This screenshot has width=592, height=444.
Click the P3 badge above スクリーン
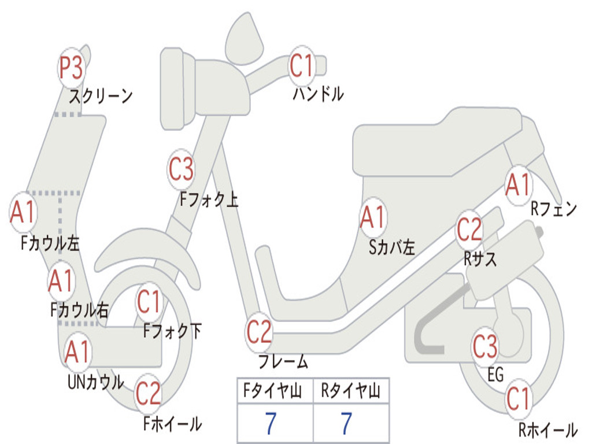click(x=72, y=69)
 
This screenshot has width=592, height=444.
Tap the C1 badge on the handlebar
click(x=301, y=66)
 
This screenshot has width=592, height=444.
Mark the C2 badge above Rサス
click(x=469, y=230)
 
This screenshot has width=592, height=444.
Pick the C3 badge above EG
click(x=485, y=346)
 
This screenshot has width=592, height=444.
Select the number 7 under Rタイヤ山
click(x=347, y=424)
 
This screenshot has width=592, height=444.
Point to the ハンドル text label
click(x=318, y=94)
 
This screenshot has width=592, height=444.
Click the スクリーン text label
click(x=101, y=96)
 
